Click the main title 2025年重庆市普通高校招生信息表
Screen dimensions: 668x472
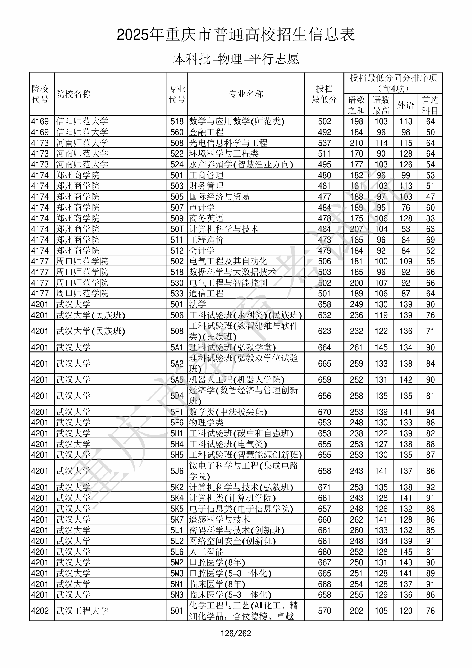(x=236, y=35)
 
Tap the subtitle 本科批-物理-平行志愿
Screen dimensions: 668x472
(x=236, y=59)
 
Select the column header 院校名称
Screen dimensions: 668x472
(x=74, y=94)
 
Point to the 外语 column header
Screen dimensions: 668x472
(x=405, y=105)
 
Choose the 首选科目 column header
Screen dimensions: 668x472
(x=430, y=105)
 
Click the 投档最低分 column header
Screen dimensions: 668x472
(x=324, y=94)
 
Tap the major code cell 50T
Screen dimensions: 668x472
(x=177, y=229)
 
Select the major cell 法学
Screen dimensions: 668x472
(x=198, y=304)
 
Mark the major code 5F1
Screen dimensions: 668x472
(x=177, y=412)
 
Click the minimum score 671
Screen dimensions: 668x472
(x=324, y=487)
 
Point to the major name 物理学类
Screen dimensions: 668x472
(x=206, y=422)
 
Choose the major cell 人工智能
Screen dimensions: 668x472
(x=206, y=552)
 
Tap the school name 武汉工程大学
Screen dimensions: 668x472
(x=82, y=611)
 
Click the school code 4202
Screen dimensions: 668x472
(x=40, y=611)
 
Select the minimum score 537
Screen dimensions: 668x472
(x=324, y=143)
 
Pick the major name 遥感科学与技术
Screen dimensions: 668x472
(x=219, y=519)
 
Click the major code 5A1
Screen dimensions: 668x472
(x=177, y=347)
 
